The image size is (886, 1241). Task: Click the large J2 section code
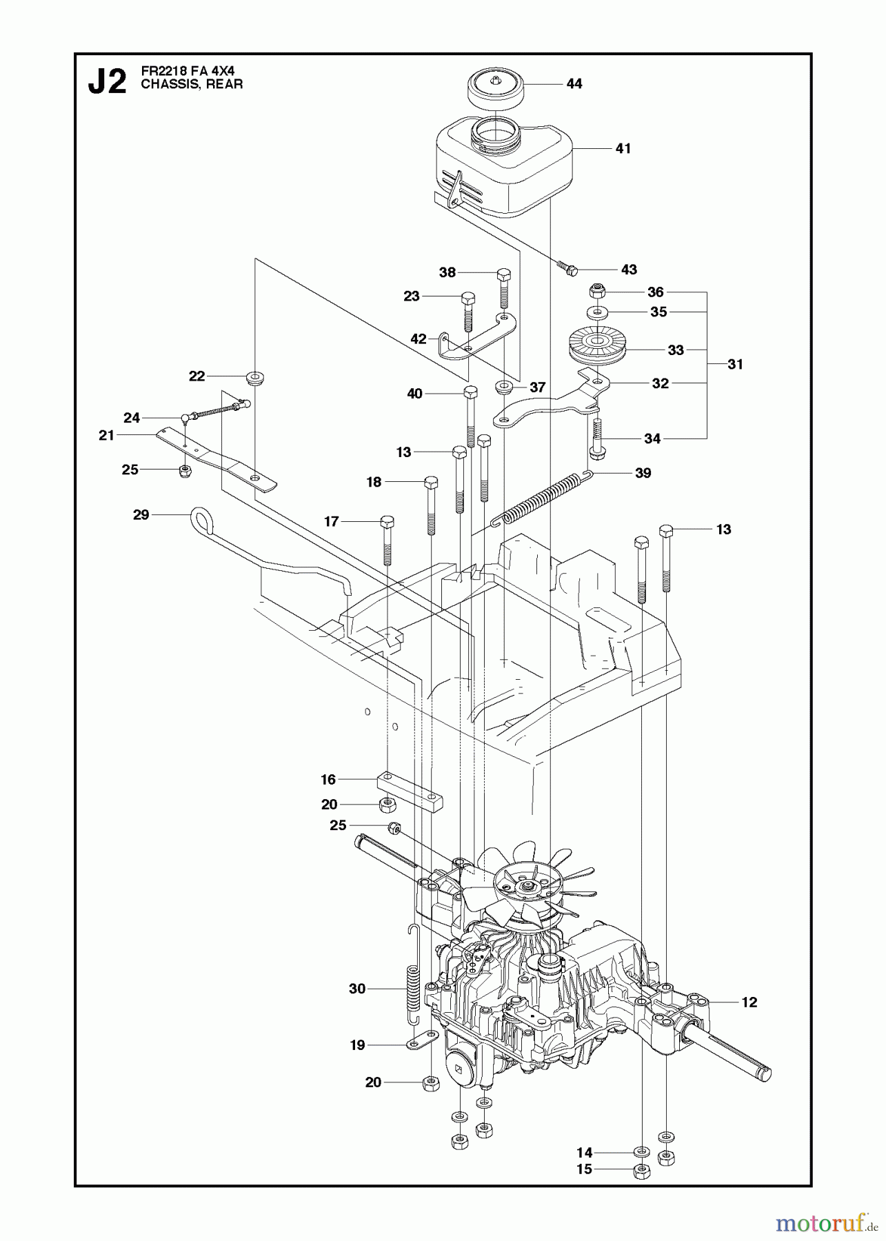click(x=108, y=83)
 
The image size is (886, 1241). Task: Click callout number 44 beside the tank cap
click(x=574, y=83)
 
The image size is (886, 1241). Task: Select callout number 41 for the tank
click(x=623, y=148)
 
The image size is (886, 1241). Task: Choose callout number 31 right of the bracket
click(x=735, y=364)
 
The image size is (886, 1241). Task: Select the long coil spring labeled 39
click(x=541, y=498)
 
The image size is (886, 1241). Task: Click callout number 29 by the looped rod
click(x=141, y=514)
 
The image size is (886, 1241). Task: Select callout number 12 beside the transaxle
click(x=749, y=1002)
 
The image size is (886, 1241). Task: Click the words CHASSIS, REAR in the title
click(x=192, y=85)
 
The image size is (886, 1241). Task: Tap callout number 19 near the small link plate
click(x=357, y=1045)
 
